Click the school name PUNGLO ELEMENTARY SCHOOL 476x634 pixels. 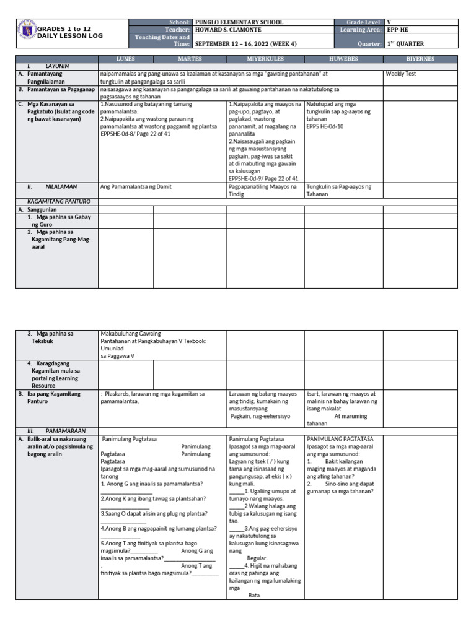click(239, 22)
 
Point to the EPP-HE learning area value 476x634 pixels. click(396, 29)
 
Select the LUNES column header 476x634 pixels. click(126, 59)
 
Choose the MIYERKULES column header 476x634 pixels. click(265, 59)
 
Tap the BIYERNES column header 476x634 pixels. click(421, 59)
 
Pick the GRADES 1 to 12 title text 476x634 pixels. click(64, 29)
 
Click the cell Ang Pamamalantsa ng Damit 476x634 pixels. click(136, 186)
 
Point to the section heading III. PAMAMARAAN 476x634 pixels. click(56, 430)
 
